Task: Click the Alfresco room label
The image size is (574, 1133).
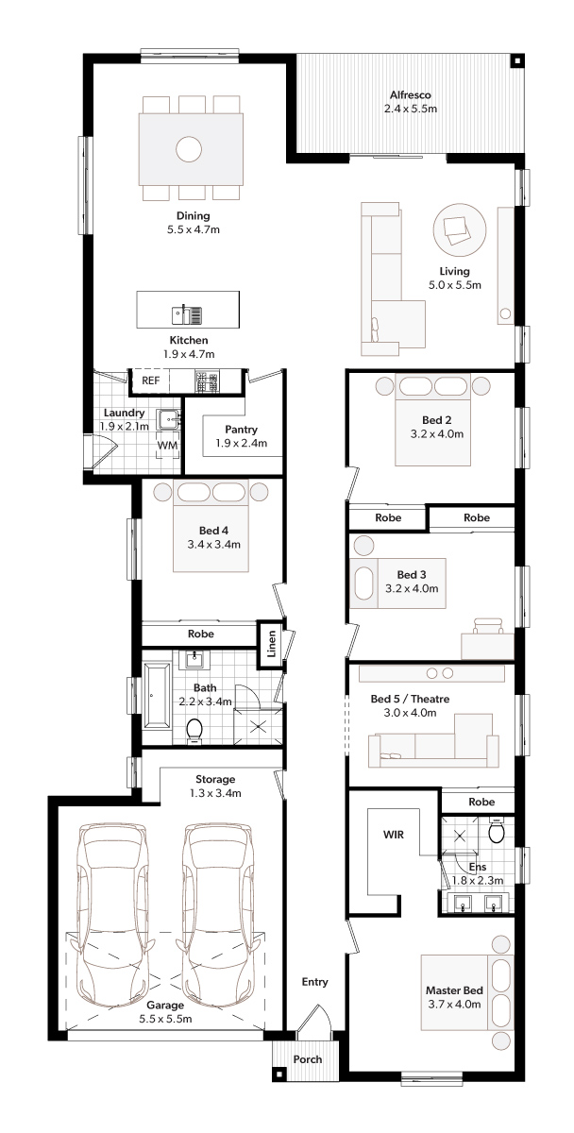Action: pos(410,95)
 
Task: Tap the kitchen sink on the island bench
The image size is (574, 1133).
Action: pos(187,314)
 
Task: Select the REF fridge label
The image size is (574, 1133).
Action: pos(150,380)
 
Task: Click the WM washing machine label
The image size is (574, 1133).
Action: pos(167,445)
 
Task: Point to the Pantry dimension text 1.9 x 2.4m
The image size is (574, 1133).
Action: pos(242,443)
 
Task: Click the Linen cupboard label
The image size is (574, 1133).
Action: pos(272,643)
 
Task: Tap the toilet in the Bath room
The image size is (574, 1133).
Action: pos(194,731)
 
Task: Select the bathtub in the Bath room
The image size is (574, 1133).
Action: pos(158,696)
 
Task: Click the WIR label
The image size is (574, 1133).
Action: pos(394,835)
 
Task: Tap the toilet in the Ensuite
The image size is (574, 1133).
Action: pos(497,830)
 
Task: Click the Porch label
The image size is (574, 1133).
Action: pos(308,1059)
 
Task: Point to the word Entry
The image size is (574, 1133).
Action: pos(314,982)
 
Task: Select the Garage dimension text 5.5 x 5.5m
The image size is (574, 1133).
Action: pos(165,1019)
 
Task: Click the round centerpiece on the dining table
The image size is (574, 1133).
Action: pos(189,149)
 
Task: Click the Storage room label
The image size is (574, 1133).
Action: pos(215,780)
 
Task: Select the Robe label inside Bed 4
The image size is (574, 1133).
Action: pos(201,634)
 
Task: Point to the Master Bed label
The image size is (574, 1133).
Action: pos(454,990)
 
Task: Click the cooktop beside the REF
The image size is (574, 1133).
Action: pos(208,381)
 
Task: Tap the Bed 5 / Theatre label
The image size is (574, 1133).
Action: pos(410,699)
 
